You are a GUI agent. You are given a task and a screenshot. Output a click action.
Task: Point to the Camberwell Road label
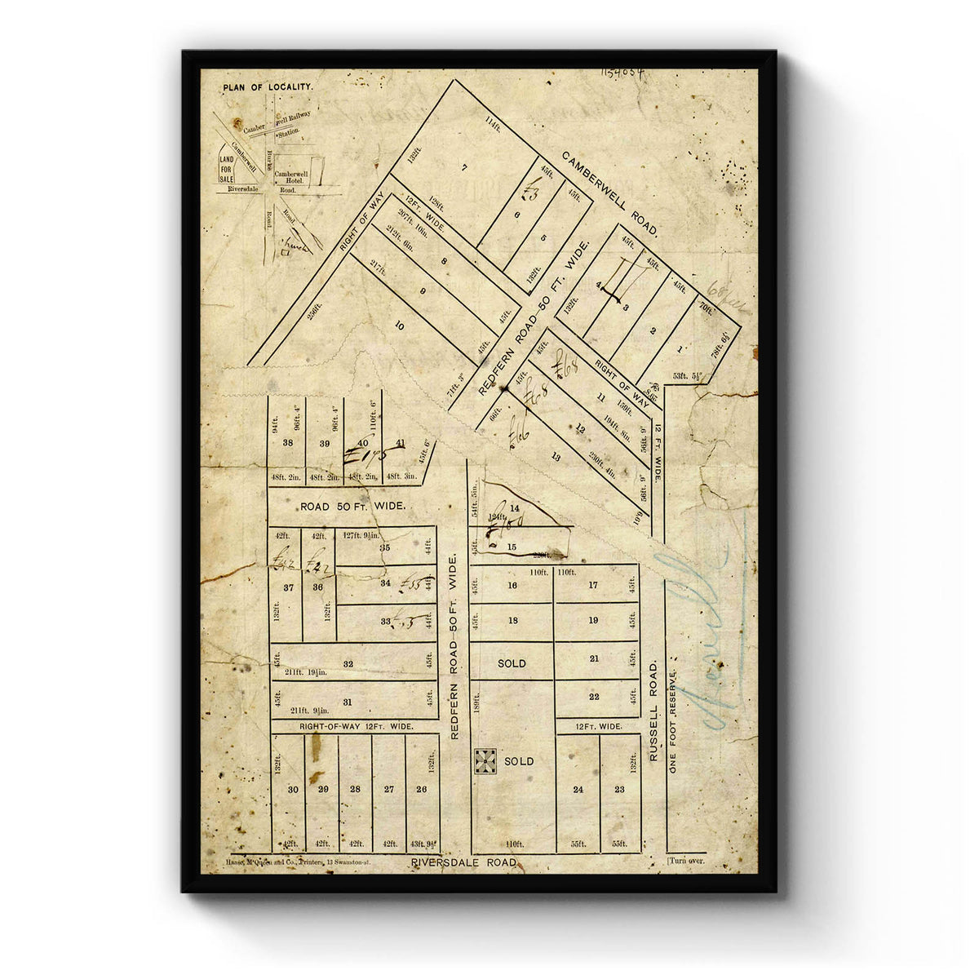610,194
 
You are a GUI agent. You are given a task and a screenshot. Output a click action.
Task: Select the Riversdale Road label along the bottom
463,862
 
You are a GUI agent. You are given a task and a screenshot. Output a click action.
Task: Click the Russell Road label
653,711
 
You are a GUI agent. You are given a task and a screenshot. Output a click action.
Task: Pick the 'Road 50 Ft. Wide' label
352,507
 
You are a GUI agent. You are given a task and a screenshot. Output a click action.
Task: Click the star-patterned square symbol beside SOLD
485,760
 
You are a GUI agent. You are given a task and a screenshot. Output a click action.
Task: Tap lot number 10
399,326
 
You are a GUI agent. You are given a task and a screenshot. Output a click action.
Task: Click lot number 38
287,443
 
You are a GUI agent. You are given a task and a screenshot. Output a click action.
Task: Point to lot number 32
348,664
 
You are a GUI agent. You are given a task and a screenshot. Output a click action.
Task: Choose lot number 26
421,789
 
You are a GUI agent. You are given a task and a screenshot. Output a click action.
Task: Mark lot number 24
578,789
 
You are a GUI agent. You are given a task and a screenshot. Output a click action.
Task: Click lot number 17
593,585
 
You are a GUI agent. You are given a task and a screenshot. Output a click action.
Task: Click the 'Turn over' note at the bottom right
686,861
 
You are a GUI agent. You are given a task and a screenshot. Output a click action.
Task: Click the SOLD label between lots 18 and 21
512,663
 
